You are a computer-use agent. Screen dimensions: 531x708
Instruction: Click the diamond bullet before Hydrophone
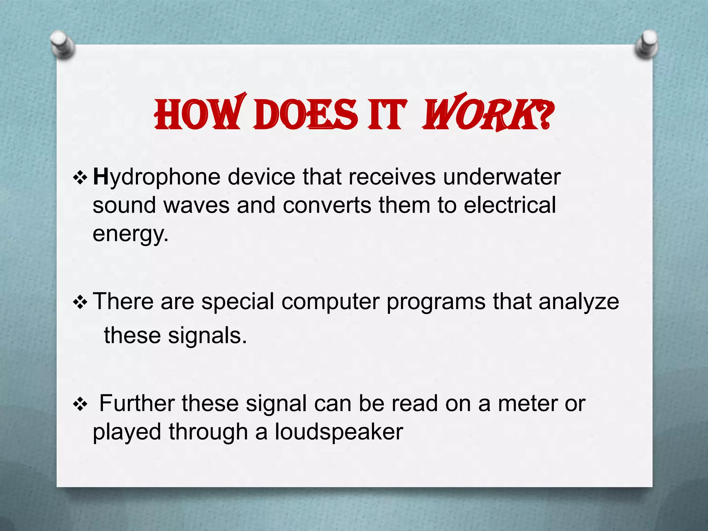coord(80,178)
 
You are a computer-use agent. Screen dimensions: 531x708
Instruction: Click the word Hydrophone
coord(157,178)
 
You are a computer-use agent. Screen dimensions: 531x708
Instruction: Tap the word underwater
coord(502,177)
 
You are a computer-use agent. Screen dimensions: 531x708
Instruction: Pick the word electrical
coord(510,205)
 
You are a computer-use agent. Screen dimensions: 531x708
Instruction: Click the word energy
coord(130,234)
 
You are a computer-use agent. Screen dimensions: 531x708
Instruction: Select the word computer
coord(330,301)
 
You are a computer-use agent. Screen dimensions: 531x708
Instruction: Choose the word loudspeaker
coord(339,432)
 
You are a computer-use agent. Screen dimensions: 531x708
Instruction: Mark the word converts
coord(327,205)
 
